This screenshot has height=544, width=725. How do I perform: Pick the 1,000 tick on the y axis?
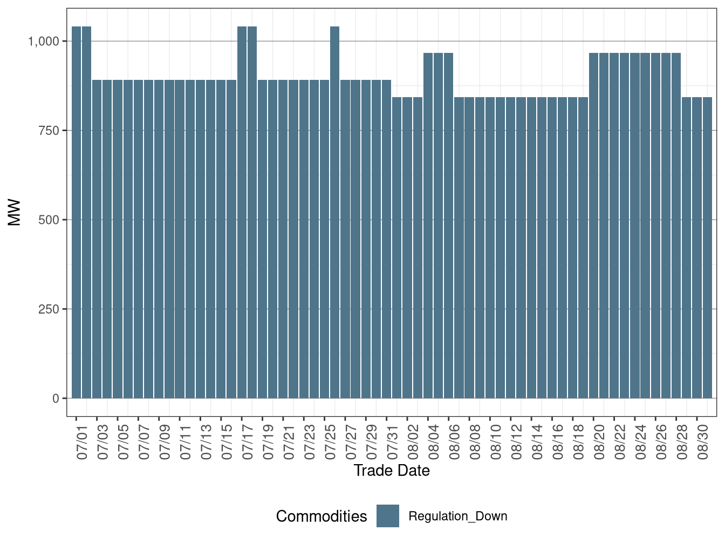pyautogui.click(x=43, y=41)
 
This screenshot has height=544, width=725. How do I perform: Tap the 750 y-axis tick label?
pyautogui.click(x=49, y=131)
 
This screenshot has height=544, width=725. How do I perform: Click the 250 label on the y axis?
pyautogui.click(x=49, y=309)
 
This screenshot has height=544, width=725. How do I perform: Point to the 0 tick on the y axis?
pyautogui.click(x=56, y=398)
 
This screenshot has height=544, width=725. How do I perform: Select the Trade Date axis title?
pyautogui.click(x=392, y=471)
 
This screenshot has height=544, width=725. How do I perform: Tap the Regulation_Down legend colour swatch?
pyautogui.click(x=388, y=516)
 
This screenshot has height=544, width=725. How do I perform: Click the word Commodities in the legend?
pyautogui.click(x=322, y=516)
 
